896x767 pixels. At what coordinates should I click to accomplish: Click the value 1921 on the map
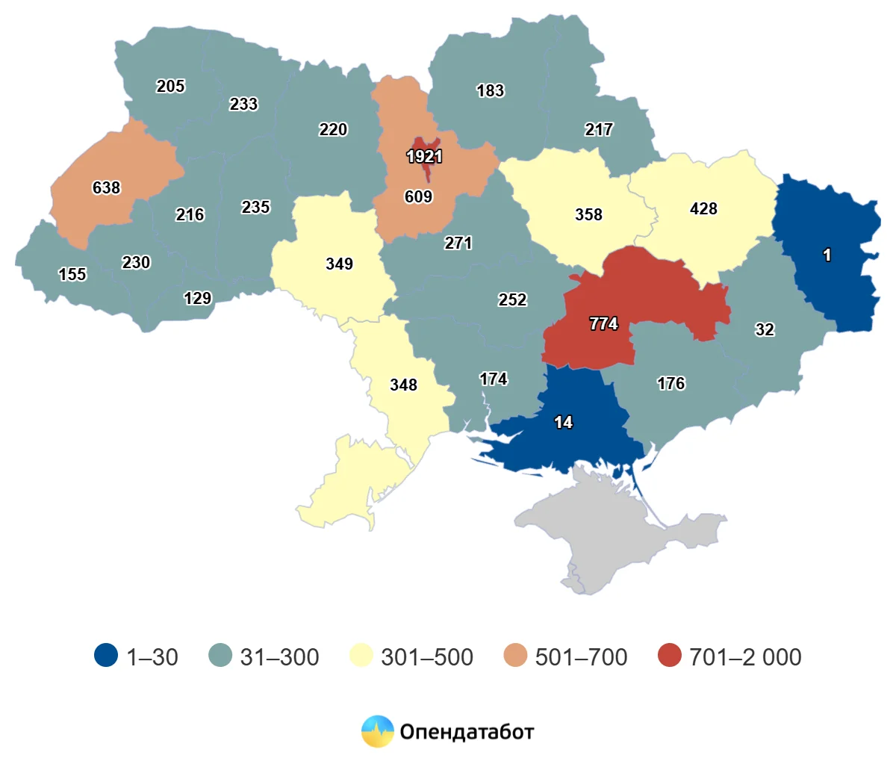[x=424, y=157]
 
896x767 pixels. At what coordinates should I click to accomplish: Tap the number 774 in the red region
[x=603, y=324]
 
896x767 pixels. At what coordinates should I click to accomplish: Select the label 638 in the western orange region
[x=106, y=188]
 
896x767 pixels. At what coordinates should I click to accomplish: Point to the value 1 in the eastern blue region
[x=827, y=255]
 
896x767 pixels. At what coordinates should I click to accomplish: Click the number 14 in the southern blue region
[x=563, y=423]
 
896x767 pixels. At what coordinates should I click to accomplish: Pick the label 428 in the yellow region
[x=703, y=209]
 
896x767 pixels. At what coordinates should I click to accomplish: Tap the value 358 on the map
[x=588, y=215]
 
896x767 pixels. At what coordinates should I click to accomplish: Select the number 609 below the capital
[x=418, y=197]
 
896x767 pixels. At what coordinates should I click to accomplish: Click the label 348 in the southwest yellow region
[x=403, y=385]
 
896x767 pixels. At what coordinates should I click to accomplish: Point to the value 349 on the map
[x=339, y=264]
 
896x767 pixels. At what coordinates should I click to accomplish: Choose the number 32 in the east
[x=765, y=330]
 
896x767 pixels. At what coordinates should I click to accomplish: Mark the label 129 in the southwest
[x=197, y=299]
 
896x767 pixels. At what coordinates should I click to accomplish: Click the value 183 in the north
[x=490, y=91]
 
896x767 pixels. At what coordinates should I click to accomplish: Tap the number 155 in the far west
[x=72, y=275]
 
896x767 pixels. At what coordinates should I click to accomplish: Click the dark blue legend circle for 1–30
[x=106, y=655]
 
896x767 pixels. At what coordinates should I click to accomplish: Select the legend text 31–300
[x=279, y=657]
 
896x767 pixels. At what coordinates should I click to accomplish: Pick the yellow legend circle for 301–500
[x=361, y=655]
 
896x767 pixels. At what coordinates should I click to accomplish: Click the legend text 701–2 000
[x=745, y=657]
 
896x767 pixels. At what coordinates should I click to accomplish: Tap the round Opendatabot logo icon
[x=377, y=731]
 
